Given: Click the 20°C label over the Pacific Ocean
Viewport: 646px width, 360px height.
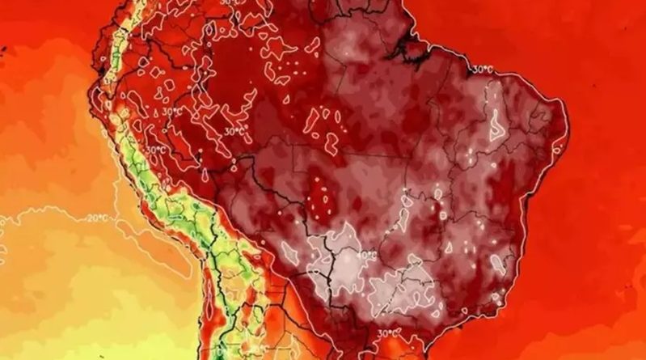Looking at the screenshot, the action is point(98,218).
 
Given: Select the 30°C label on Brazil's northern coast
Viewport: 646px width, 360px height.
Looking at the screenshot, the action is point(482,70).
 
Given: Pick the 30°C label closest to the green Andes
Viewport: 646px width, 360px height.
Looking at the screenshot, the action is point(156,150).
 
